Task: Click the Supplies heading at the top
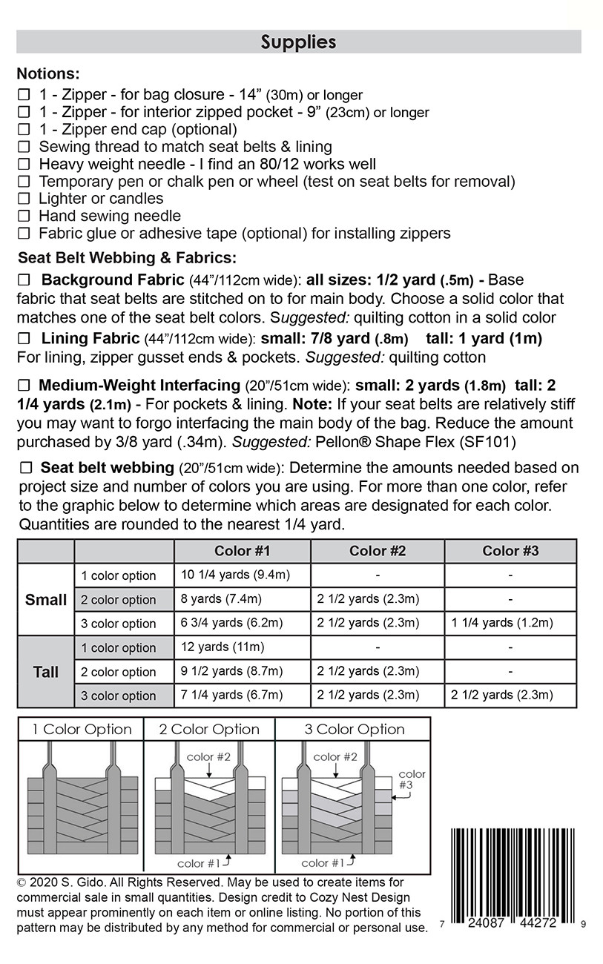pyautogui.click(x=298, y=42)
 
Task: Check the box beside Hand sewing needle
pyautogui.click(x=24, y=217)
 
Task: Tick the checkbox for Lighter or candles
pyautogui.click(x=24, y=199)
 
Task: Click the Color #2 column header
pyautogui.click(x=378, y=551)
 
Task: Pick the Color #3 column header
pyautogui.click(x=510, y=551)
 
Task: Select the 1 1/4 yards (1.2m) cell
pyautogui.click(x=502, y=623)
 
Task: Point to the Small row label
pyautogui.click(x=46, y=600)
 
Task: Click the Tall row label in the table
pyautogui.click(x=46, y=672)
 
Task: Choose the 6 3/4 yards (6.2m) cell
pyautogui.click(x=231, y=623)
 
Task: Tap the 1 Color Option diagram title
pyautogui.click(x=82, y=730)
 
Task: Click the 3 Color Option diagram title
pyautogui.click(x=355, y=730)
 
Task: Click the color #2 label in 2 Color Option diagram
pyautogui.click(x=209, y=757)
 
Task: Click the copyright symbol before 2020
pyautogui.click(x=22, y=883)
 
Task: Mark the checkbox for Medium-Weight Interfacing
pyautogui.click(x=24, y=386)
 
